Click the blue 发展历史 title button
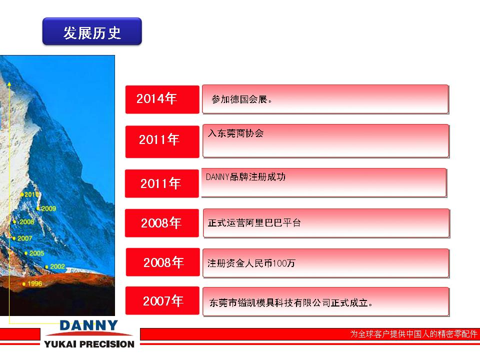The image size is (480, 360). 92,31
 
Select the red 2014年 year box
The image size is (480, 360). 162,99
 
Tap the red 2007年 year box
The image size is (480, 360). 162,300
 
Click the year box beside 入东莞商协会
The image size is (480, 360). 162,141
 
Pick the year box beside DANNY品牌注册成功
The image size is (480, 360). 162,183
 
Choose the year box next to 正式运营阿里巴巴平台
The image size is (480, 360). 162,223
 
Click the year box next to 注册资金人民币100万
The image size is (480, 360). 163,262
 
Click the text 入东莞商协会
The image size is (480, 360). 235,133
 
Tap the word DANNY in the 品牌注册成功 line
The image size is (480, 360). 217,177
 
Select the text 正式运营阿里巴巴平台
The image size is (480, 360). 254,223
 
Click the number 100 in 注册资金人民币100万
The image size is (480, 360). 279,263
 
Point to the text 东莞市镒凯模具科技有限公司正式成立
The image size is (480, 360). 290,303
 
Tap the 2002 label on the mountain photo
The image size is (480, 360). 57,266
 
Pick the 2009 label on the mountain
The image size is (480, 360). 48,209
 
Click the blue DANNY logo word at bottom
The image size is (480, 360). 89,325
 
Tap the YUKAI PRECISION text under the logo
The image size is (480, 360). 89,344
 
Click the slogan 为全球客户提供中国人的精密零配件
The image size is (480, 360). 413,333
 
